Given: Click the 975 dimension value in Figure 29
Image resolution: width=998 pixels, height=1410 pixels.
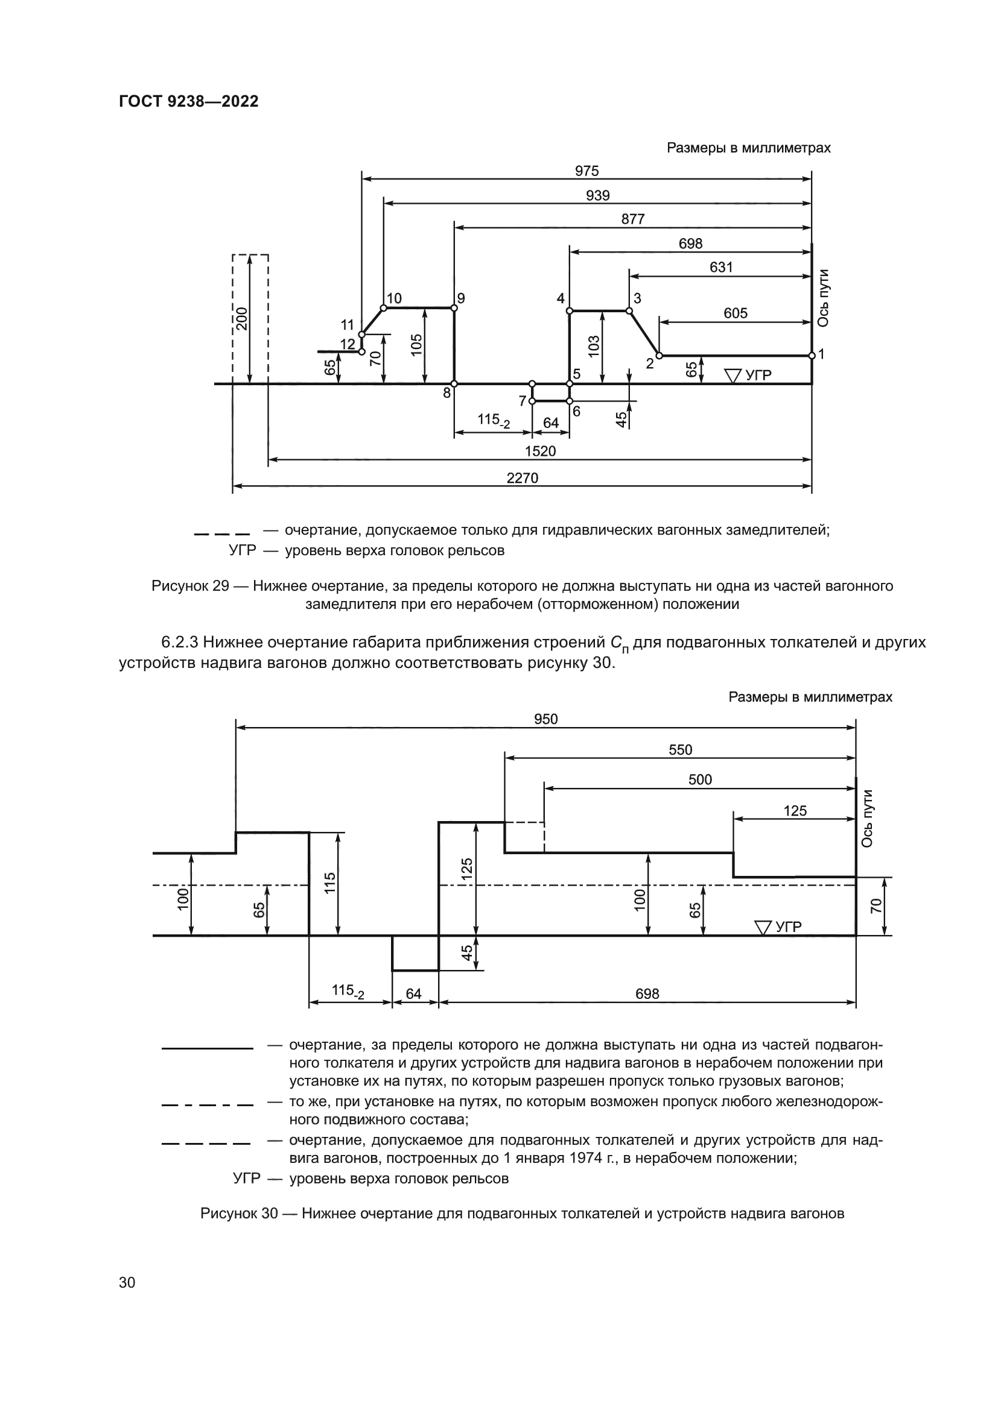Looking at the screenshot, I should pyautogui.click(x=586, y=171).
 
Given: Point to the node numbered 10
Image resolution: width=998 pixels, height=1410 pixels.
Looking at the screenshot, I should pyautogui.click(x=384, y=307).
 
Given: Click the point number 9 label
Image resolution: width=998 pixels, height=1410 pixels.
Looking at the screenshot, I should pyautogui.click(x=461, y=298).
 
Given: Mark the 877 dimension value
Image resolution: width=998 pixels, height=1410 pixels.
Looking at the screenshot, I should pyautogui.click(x=632, y=219).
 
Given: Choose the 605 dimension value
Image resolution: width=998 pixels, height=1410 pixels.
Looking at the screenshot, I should pyautogui.click(x=735, y=313).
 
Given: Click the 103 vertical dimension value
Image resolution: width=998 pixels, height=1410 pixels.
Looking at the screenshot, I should pyautogui.click(x=593, y=347).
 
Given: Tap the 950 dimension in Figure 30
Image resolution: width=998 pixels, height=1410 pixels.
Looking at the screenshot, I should pyautogui.click(x=545, y=719).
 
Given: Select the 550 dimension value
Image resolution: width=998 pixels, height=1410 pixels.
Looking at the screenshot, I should pyautogui.click(x=680, y=750).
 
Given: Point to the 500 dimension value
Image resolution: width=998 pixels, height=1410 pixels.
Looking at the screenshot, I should pyautogui.click(x=700, y=780).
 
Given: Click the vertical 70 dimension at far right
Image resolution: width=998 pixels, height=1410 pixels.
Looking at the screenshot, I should pyautogui.click(x=876, y=905).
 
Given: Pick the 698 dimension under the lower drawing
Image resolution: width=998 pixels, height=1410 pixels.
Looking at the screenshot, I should pyautogui.click(x=647, y=993).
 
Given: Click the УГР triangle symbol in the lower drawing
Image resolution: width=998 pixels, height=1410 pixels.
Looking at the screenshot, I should pyautogui.click(x=763, y=927).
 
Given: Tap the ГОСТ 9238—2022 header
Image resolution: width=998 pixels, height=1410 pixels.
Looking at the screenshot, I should pyautogui.click(x=189, y=101).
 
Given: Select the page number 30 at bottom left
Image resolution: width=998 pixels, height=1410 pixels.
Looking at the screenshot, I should pyautogui.click(x=127, y=1282).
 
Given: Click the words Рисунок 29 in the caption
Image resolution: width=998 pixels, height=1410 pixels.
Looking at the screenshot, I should pyautogui.click(x=190, y=586).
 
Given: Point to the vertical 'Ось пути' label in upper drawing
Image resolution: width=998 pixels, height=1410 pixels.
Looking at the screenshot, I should pyautogui.click(x=824, y=298).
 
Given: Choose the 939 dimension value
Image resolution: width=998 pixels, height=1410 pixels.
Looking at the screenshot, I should pyautogui.click(x=597, y=195).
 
